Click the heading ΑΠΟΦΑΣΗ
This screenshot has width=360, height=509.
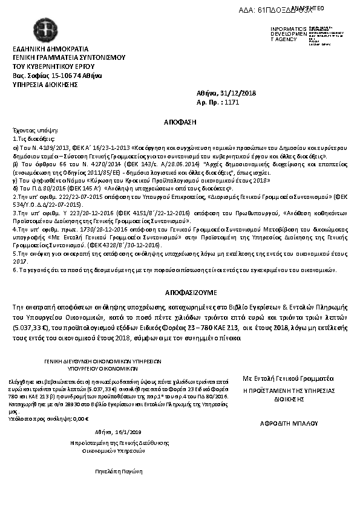pyautogui.click(x=180, y=122)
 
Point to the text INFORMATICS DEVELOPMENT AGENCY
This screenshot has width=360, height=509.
pyautogui.click(x=284, y=34)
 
